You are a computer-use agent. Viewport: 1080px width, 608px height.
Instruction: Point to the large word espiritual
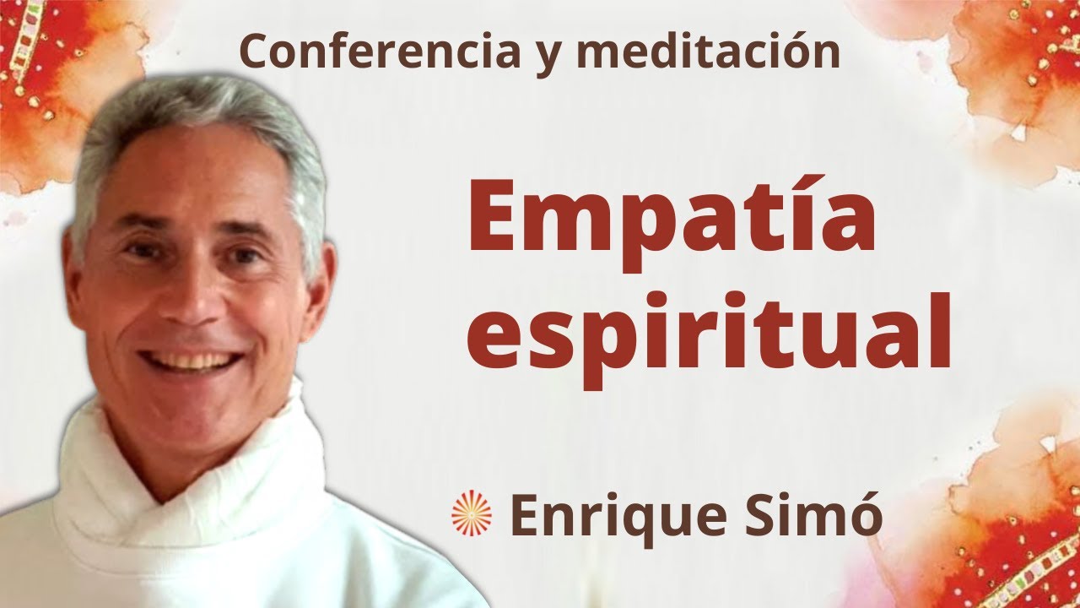(x=709, y=338)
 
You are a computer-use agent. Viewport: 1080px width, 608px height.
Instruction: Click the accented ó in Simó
(x=863, y=517)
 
